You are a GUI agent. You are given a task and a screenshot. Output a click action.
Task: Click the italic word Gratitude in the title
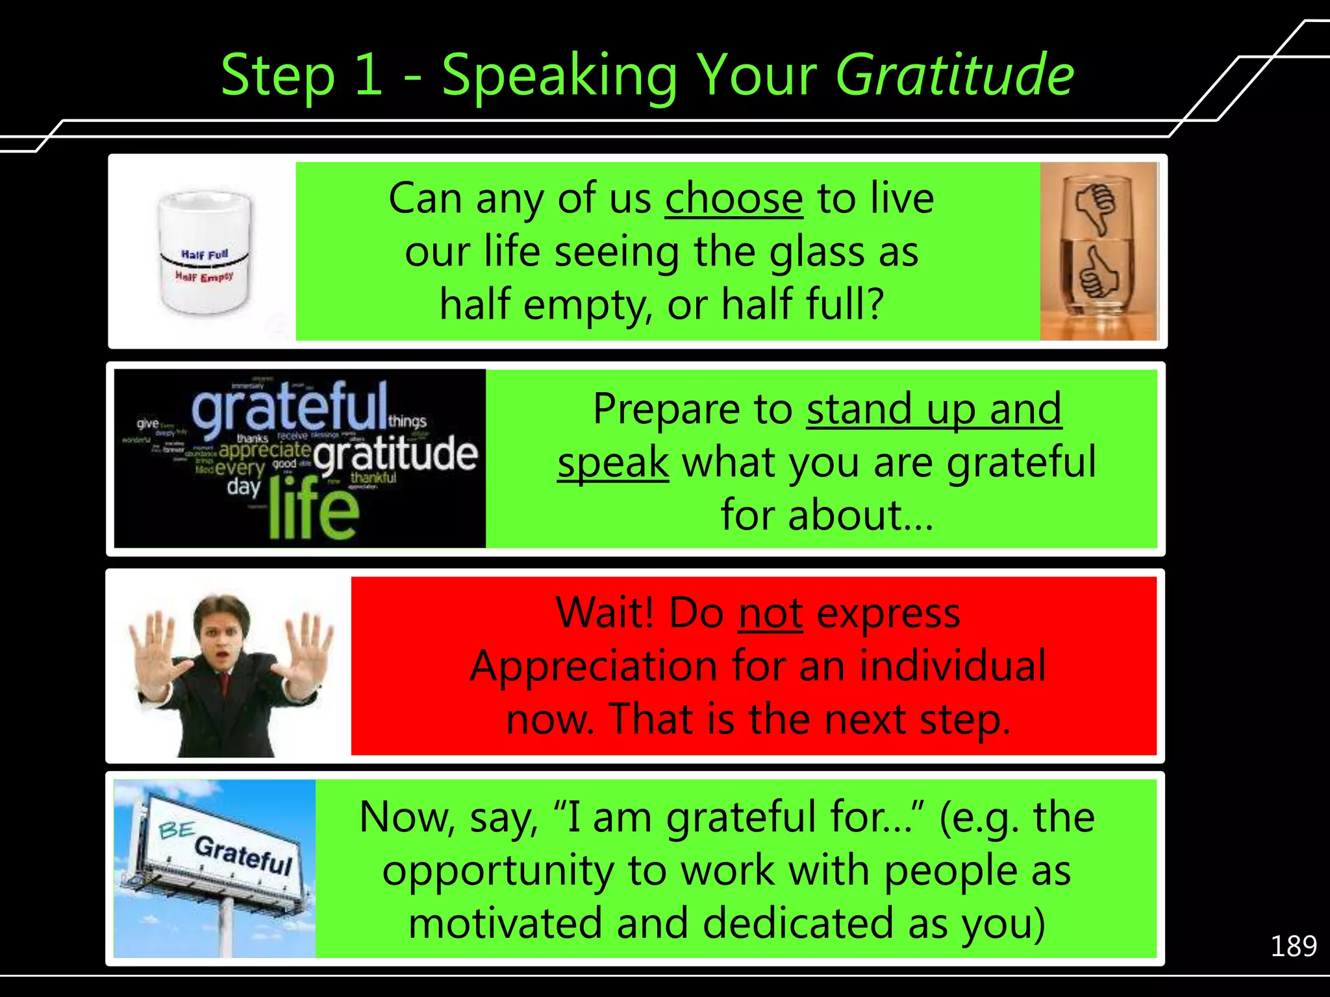(955, 75)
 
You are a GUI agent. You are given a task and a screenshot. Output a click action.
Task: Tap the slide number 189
(1293, 946)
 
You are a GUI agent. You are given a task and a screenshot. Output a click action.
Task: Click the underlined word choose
(734, 199)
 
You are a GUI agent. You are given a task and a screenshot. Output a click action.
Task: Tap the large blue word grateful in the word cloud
(290, 406)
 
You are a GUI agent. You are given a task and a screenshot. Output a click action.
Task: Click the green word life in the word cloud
(313, 509)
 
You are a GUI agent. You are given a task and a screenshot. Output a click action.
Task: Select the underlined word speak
(613, 462)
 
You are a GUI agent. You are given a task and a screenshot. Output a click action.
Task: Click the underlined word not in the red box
(770, 613)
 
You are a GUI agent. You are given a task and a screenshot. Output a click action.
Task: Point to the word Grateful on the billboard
(244, 855)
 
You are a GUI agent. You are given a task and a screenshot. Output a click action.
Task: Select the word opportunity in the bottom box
(497, 871)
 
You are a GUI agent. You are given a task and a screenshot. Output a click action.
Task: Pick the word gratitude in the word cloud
(396, 454)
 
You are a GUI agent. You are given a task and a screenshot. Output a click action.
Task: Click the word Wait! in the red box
(605, 613)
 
